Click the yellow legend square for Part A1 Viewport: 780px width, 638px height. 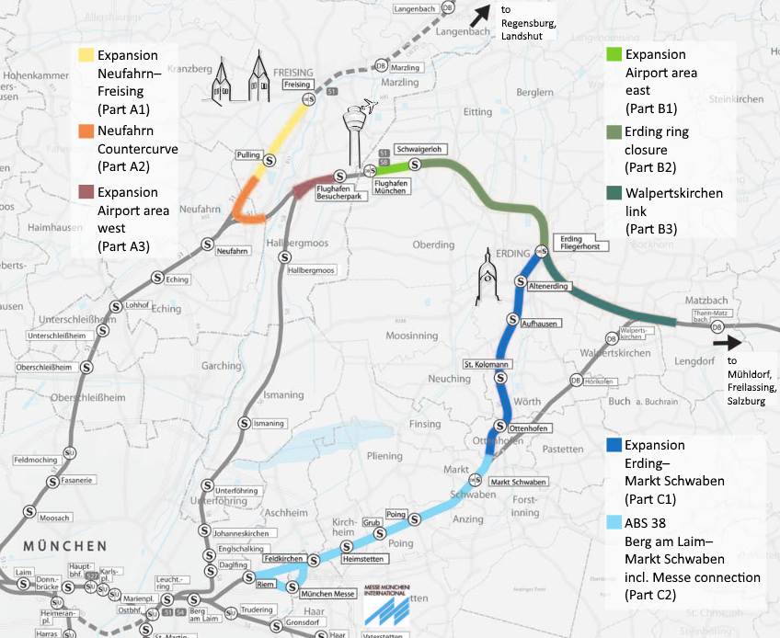pyautogui.click(x=86, y=55)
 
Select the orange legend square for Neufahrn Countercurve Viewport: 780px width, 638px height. pyautogui.click(x=86, y=131)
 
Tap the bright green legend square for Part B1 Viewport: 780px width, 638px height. pyautogui.click(x=614, y=55)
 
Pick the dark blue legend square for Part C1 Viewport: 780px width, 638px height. pyautogui.click(x=614, y=445)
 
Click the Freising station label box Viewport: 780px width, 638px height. pyautogui.click(x=297, y=85)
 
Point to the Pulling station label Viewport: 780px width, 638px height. pyautogui.click(x=248, y=155)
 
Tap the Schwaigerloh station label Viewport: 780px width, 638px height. pyautogui.click(x=419, y=149)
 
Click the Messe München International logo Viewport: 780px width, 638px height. pyautogui.click(x=386, y=602)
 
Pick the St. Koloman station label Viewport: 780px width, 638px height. pyautogui.click(x=487, y=365)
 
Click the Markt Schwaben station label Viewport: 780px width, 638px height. pyautogui.click(x=519, y=483)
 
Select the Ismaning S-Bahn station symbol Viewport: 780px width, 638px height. pyautogui.click(x=246, y=423)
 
